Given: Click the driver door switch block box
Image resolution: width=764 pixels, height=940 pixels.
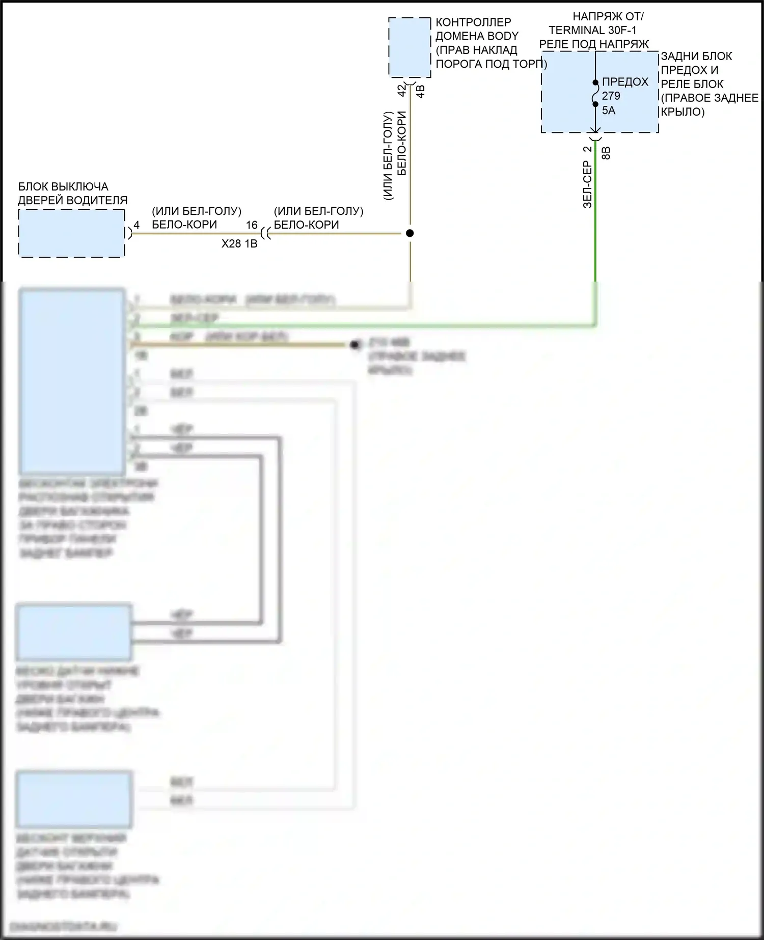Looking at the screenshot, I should pyautogui.click(x=71, y=233).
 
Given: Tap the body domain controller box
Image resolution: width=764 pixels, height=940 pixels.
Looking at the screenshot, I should pyautogui.click(x=410, y=47).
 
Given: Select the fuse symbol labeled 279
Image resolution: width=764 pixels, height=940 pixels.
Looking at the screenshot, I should pyautogui.click(x=595, y=93).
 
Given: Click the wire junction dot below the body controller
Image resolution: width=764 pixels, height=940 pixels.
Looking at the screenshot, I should pyautogui.click(x=410, y=233).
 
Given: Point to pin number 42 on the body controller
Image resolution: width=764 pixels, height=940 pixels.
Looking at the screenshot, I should pyautogui.click(x=402, y=91).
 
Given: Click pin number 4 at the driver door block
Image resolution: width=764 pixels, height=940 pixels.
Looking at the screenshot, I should pyautogui.click(x=137, y=225).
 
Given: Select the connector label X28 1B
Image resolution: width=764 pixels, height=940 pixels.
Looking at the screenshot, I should pyautogui.click(x=239, y=244).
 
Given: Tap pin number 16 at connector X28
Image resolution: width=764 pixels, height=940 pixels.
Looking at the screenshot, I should pyautogui.click(x=252, y=225).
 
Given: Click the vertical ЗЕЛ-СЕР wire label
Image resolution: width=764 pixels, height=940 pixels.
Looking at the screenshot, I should pyautogui.click(x=587, y=184).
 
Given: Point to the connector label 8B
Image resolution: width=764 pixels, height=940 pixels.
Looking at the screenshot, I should pyautogui.click(x=606, y=153).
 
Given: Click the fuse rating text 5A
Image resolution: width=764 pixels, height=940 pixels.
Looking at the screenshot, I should pyautogui.click(x=609, y=110).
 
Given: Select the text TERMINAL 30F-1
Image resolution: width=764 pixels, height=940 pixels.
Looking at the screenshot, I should pyautogui.click(x=592, y=31).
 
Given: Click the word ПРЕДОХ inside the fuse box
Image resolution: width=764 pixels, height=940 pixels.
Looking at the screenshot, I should pyautogui.click(x=625, y=82).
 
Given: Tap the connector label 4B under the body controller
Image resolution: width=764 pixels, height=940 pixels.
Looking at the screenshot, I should pyautogui.click(x=421, y=92).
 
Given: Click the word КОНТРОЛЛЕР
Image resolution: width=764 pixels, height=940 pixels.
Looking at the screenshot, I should pyautogui.click(x=473, y=22).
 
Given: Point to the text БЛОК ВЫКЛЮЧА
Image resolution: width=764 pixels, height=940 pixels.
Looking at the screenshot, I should pyautogui.click(x=63, y=186).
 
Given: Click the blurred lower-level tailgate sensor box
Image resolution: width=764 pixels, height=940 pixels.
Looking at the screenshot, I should pyautogui.click(x=74, y=632).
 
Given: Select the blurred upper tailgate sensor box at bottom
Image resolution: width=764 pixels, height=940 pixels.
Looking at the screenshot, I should pyautogui.click(x=74, y=799).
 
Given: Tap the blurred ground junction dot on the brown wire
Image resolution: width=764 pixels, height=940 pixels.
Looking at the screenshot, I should pyautogui.click(x=355, y=345).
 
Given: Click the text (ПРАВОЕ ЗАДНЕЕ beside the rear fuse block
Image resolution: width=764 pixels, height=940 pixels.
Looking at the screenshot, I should pyautogui.click(x=710, y=98).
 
